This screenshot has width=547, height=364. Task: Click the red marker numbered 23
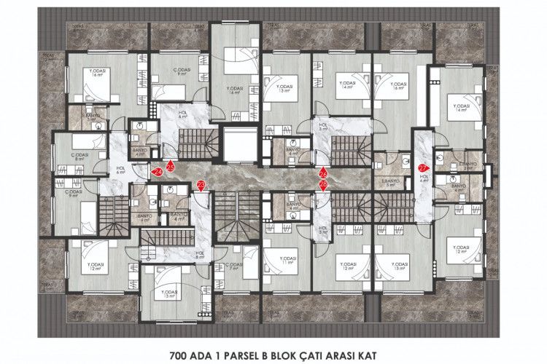201,186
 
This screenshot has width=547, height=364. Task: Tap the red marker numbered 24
158,172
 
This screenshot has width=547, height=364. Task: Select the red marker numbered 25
170,167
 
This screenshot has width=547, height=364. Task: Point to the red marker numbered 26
323,174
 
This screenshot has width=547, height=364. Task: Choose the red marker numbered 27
423,168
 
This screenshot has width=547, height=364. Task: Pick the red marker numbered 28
323,185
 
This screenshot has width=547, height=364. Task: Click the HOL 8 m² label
199,255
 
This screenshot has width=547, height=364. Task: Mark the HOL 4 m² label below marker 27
422,179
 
